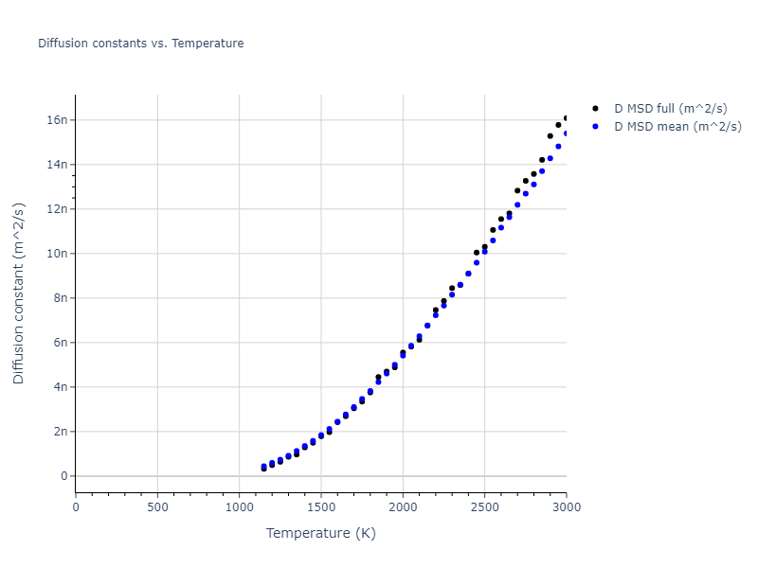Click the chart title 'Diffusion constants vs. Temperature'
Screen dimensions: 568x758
point(140,44)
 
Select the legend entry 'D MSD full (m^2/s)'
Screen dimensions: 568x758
point(677,109)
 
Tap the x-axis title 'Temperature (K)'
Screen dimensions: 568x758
point(320,533)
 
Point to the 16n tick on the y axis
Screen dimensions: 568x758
point(56,120)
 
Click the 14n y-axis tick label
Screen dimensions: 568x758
point(56,165)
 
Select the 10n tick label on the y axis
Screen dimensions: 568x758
point(56,254)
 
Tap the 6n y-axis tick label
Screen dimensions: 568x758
point(59,343)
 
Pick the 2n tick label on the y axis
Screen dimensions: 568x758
point(59,432)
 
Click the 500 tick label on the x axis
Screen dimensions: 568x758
point(157,507)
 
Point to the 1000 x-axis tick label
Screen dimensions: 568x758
point(239,507)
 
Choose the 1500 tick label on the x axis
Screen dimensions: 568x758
point(320,507)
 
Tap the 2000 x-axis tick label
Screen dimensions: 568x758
point(403,507)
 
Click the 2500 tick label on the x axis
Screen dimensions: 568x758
point(484,507)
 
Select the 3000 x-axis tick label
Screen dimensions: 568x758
point(566,507)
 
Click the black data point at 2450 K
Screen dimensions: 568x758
point(477,253)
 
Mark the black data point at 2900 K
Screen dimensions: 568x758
point(550,135)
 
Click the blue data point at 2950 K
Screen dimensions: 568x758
point(558,146)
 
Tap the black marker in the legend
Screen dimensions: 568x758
point(595,109)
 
